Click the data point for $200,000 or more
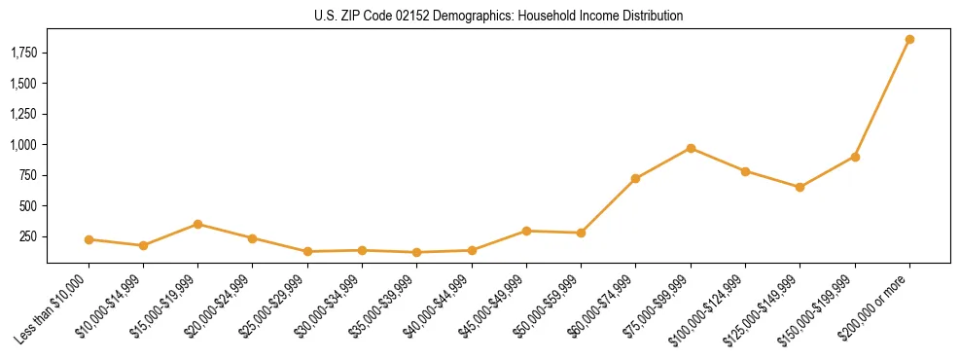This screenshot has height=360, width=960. [x=909, y=40]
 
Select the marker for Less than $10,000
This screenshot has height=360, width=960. [x=89, y=239]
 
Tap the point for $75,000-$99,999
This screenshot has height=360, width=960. [x=691, y=148]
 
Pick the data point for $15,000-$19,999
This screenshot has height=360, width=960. [x=197, y=224]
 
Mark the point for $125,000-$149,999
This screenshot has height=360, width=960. [x=800, y=187]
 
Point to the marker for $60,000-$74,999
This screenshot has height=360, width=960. [x=635, y=179]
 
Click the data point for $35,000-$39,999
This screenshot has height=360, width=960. [x=416, y=252]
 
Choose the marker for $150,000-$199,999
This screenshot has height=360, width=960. [x=855, y=157]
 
